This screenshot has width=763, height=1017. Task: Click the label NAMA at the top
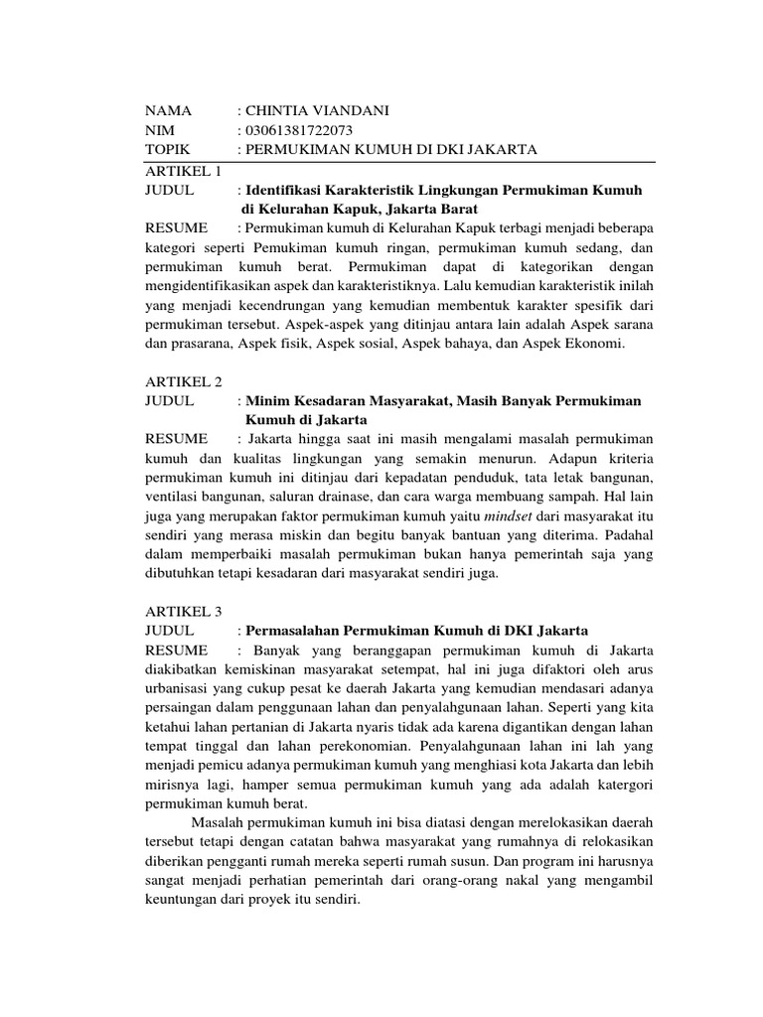point(167,110)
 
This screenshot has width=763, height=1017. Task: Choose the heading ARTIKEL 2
point(184,381)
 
